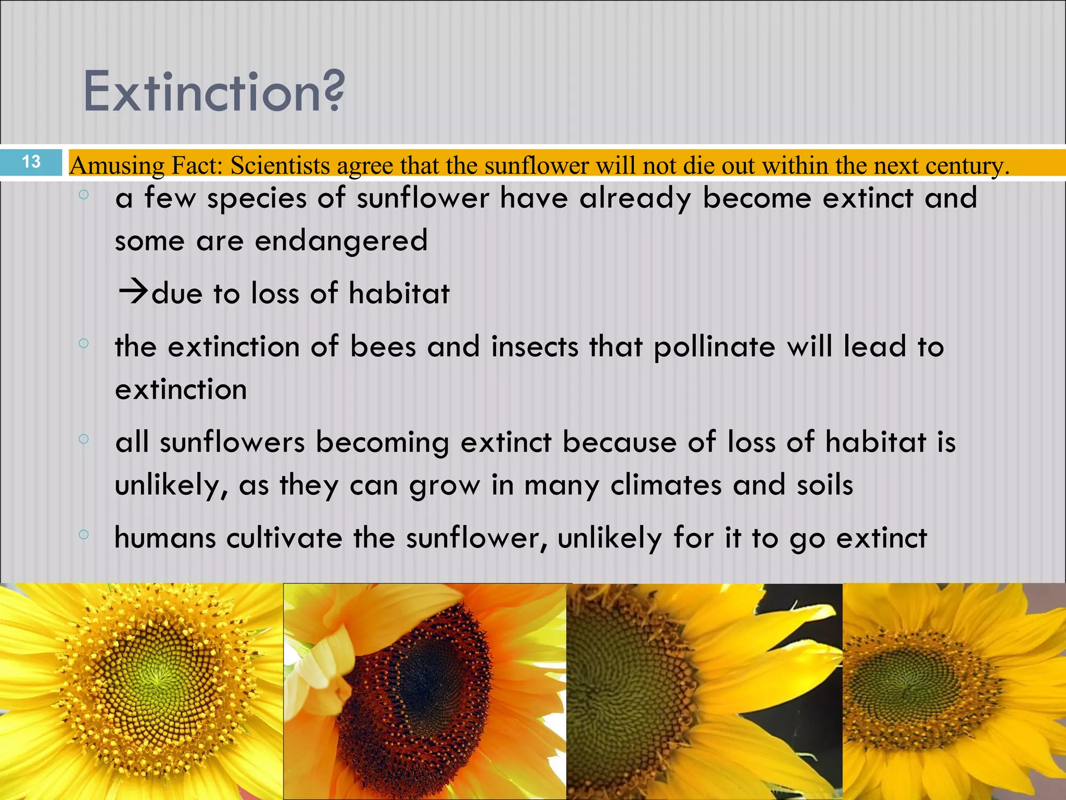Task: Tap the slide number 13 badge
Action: pyautogui.click(x=31, y=161)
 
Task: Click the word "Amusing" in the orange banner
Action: pyautogui.click(x=117, y=166)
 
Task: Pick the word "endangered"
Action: pyautogui.click(x=341, y=241)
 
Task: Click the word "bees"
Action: pyautogui.click(x=383, y=346)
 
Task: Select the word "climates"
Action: pyautogui.click(x=666, y=485)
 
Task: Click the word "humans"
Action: pyautogui.click(x=165, y=539)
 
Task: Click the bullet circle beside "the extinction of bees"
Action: pyautogui.click(x=84, y=343)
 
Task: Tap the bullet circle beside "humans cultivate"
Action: pyautogui.click(x=84, y=534)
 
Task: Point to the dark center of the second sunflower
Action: pyautogui.click(x=432, y=677)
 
